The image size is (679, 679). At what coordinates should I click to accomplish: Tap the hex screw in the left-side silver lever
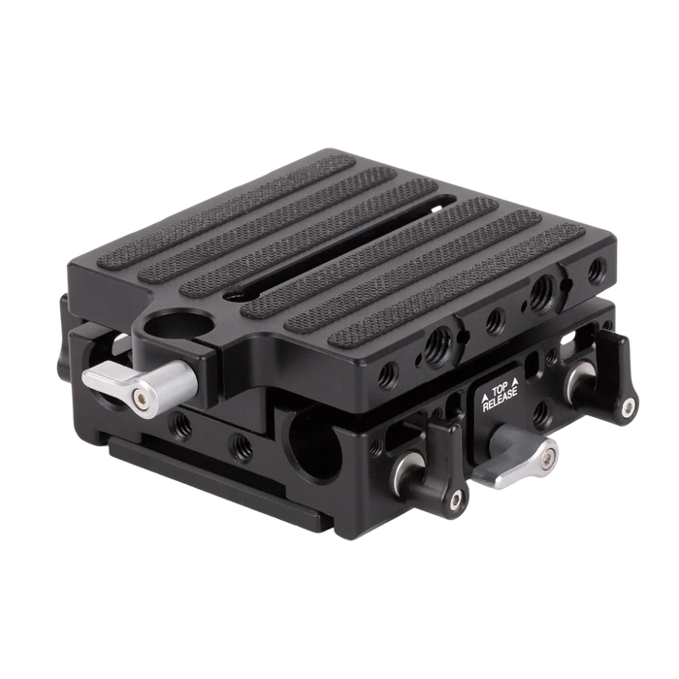[143, 395]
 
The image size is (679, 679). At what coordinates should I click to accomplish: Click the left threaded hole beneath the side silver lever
[181, 424]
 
